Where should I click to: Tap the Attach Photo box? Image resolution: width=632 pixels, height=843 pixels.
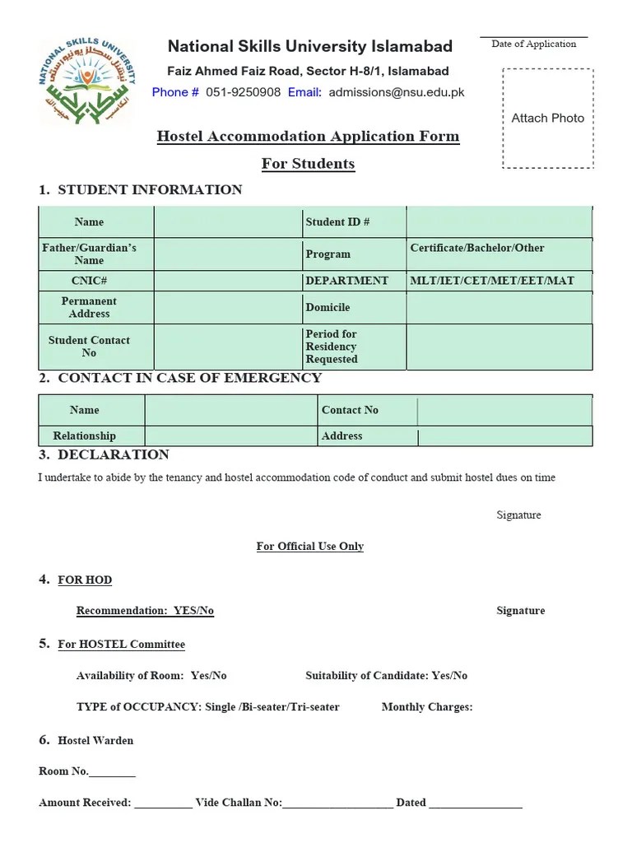[x=547, y=119]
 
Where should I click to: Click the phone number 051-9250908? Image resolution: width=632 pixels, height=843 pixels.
[x=243, y=92]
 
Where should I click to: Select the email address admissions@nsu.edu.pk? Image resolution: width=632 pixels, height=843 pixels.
[x=396, y=92]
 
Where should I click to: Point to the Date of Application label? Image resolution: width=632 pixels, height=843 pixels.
[x=534, y=44]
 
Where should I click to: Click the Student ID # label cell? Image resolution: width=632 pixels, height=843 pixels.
[x=337, y=222]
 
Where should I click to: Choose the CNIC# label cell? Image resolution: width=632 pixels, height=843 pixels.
[x=89, y=281]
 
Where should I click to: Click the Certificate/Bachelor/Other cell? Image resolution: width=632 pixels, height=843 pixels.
[x=477, y=248]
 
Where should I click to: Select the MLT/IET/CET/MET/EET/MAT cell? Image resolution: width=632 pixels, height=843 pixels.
[x=492, y=281]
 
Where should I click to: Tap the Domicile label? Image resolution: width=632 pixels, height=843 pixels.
[x=328, y=307]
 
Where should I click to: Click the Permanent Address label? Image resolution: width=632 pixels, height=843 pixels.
[x=89, y=307]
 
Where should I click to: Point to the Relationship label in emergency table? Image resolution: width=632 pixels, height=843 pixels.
[x=85, y=436]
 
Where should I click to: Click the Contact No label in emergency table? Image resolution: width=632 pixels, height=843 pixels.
[x=350, y=410]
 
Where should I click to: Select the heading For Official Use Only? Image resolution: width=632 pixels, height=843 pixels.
[x=309, y=546]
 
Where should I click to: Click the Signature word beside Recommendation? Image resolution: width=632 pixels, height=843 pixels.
[x=520, y=611]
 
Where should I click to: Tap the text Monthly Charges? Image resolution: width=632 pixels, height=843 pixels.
[x=426, y=707]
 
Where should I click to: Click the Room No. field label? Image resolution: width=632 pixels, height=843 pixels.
[x=63, y=771]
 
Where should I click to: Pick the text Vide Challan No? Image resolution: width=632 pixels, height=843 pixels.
[x=239, y=803]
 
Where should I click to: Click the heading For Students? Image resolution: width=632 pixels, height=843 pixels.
[x=308, y=164]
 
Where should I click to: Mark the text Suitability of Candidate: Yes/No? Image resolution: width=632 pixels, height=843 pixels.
[x=386, y=676]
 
